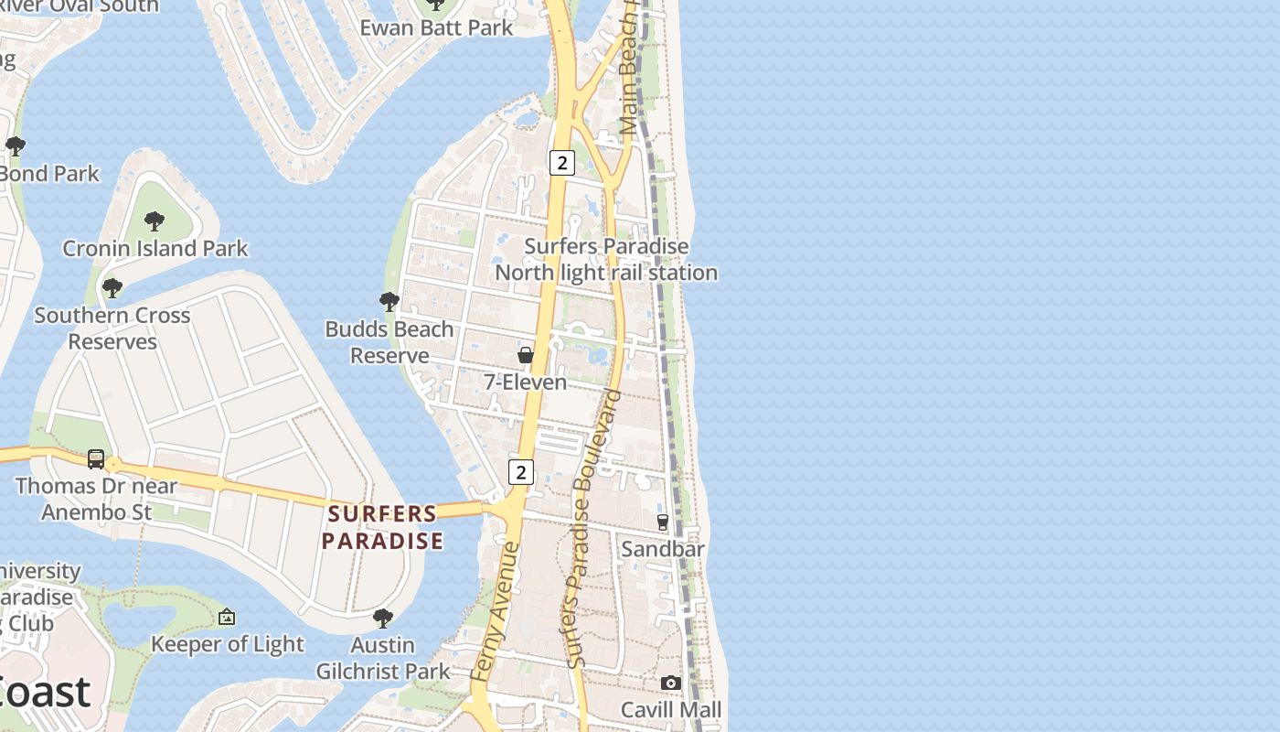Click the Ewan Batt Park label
click(x=437, y=27)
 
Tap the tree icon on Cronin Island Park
click(x=155, y=221)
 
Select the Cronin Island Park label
click(x=155, y=248)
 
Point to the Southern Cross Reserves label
click(x=112, y=328)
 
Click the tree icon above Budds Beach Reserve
click(x=389, y=301)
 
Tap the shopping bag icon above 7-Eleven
click(x=526, y=354)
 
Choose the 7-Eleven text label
click(x=526, y=382)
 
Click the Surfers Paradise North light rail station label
click(x=606, y=259)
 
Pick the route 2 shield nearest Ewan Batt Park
click(x=561, y=163)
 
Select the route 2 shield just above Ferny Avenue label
click(x=521, y=472)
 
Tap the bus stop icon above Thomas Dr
click(x=96, y=458)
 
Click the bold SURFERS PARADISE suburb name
click(x=382, y=527)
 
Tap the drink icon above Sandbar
click(x=663, y=522)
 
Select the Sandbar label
click(x=663, y=549)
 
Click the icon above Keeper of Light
click(x=227, y=618)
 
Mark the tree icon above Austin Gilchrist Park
click(x=383, y=619)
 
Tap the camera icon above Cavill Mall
click(x=671, y=683)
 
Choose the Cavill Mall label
click(x=671, y=710)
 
